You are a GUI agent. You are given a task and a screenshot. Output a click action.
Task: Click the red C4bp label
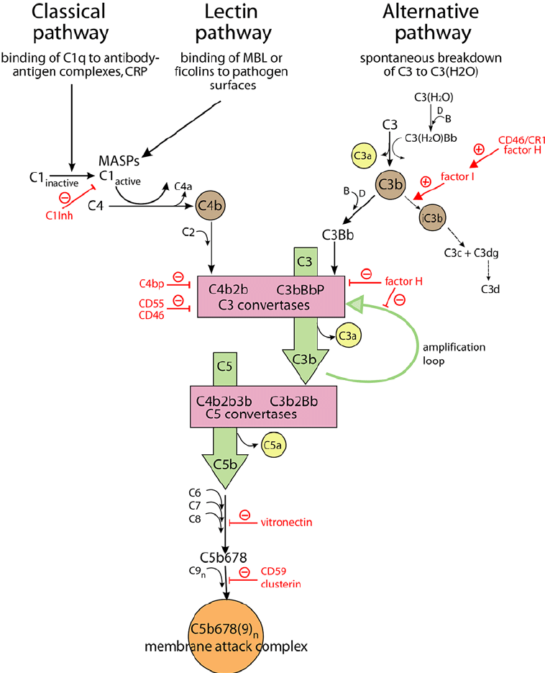pos(152,282)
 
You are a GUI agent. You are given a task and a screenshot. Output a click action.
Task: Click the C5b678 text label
pos(224,556)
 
